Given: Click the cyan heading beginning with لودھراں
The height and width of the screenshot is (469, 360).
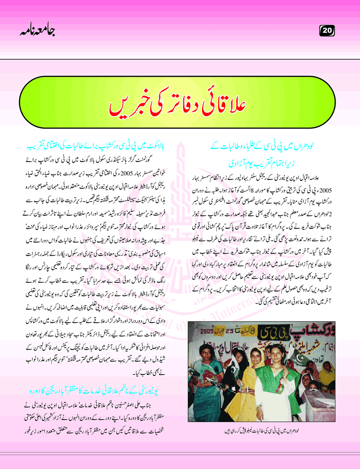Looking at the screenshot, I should click(262, 145).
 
